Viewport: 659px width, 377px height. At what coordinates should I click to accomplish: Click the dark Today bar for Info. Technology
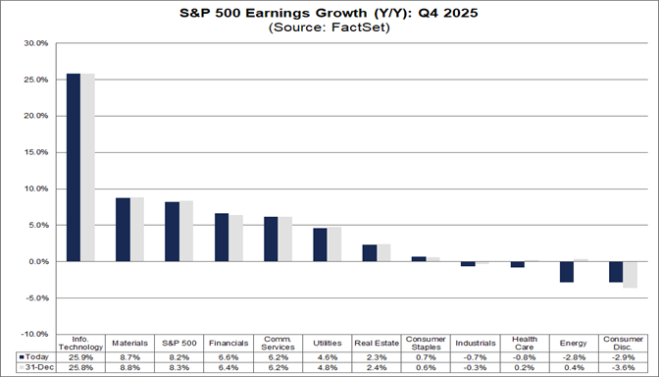click(73, 167)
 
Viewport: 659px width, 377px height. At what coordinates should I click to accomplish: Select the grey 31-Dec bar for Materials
click(136, 230)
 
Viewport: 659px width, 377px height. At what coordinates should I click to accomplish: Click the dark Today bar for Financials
click(222, 238)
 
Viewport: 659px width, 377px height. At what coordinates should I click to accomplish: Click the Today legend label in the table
click(34, 355)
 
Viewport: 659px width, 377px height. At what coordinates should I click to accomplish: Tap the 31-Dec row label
click(35, 367)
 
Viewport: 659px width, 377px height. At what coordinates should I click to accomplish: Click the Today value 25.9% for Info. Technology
click(80, 355)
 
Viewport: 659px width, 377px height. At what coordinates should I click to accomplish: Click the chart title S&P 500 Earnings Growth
click(329, 13)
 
